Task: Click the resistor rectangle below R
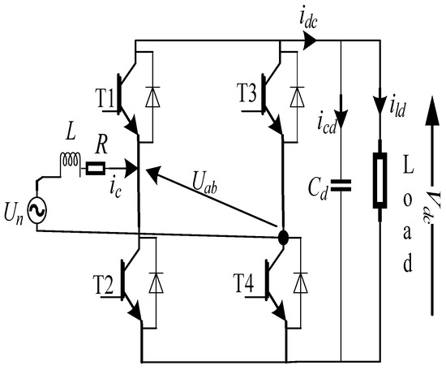point(94,170)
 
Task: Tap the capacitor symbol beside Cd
point(341,186)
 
